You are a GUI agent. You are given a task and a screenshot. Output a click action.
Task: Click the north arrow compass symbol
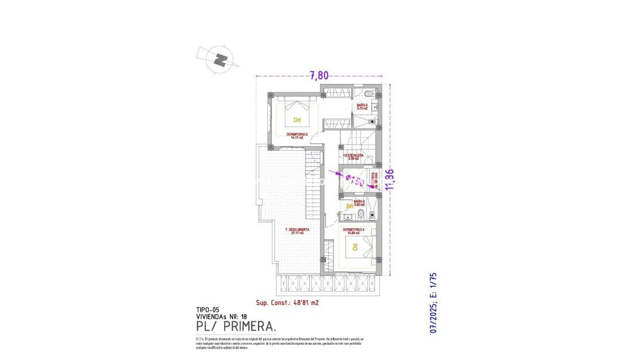point(219,59)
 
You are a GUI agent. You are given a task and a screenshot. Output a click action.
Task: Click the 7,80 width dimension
point(320,75)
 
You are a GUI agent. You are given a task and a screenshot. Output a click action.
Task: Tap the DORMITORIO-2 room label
point(297,136)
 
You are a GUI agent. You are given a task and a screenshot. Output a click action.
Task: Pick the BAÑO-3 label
point(359,202)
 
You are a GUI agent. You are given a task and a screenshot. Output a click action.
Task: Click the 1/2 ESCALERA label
point(353,156)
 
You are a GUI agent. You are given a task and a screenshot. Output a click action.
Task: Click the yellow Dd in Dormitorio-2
point(297,120)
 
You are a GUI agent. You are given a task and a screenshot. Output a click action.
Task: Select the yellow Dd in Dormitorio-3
point(355,247)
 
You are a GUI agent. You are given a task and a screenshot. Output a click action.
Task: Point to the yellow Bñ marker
point(349,206)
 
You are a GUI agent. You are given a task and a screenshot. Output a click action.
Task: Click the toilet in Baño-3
point(360,216)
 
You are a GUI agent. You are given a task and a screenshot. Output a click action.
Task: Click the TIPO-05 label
point(207,309)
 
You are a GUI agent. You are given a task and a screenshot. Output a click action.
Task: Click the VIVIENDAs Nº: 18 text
point(218,316)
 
